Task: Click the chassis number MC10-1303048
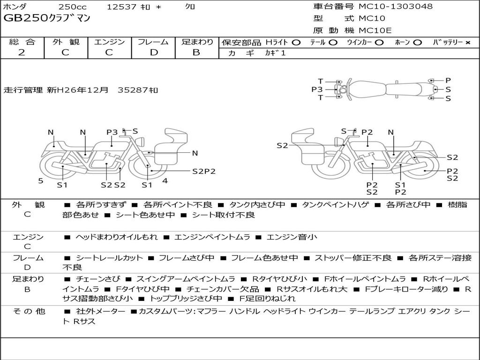click(396, 7)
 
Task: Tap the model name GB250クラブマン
click(47, 18)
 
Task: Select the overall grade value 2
click(22, 52)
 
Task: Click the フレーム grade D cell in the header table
click(154, 52)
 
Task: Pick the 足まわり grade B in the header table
click(196, 52)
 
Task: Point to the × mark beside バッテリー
click(468, 43)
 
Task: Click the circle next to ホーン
click(418, 43)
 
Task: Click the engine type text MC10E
click(375, 30)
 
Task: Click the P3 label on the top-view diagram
click(317, 90)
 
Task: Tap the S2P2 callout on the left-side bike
click(204, 172)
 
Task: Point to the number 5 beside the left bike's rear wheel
click(41, 181)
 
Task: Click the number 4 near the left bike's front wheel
click(165, 181)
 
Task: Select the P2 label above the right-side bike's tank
click(367, 132)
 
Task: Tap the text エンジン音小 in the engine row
click(292, 237)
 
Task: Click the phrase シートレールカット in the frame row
click(109, 258)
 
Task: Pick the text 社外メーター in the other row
click(100, 311)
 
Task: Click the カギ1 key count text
click(275, 53)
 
